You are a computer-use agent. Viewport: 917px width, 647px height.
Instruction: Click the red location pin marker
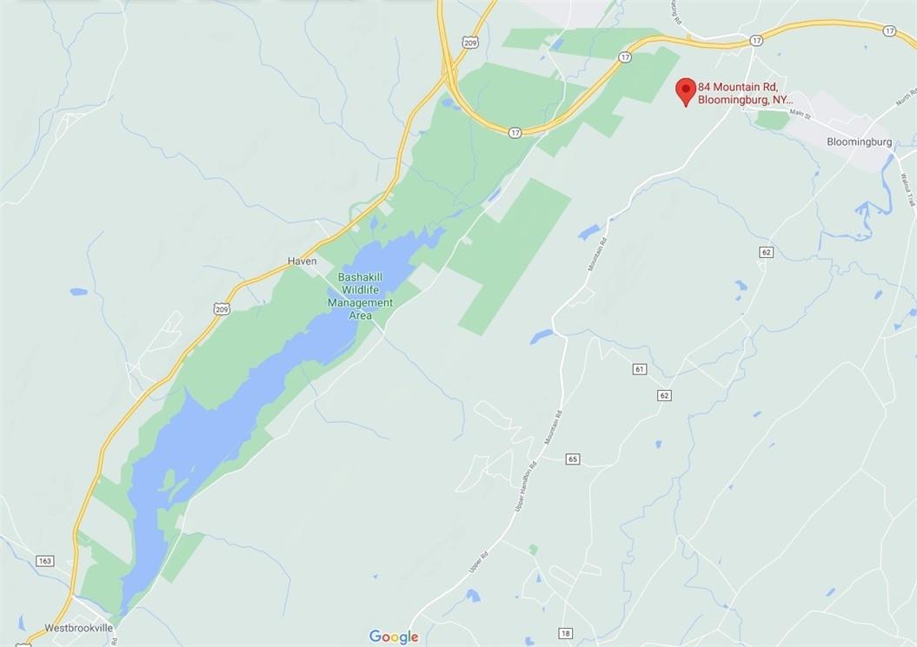(x=686, y=90)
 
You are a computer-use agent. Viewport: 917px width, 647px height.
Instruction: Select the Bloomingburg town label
(x=859, y=142)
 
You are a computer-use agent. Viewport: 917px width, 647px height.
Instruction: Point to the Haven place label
(x=302, y=261)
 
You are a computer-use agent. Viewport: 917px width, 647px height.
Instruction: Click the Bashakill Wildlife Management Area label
(x=360, y=296)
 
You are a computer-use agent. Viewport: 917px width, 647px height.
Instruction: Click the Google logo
(x=394, y=637)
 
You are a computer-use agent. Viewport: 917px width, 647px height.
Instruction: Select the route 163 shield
(x=45, y=561)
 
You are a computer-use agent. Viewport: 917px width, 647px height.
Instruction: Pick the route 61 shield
(x=640, y=370)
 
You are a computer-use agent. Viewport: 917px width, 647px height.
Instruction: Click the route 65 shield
(x=572, y=459)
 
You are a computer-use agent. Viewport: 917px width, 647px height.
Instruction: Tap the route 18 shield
(x=566, y=634)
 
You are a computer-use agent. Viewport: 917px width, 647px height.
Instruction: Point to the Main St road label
(x=800, y=114)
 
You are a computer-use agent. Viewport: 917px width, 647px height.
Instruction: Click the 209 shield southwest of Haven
(x=221, y=308)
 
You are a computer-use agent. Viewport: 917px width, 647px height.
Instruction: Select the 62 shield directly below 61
(x=664, y=395)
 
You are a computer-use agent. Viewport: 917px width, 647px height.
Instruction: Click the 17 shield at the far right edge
(x=888, y=30)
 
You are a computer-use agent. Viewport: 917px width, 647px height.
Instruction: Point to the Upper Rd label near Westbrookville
(x=475, y=562)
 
